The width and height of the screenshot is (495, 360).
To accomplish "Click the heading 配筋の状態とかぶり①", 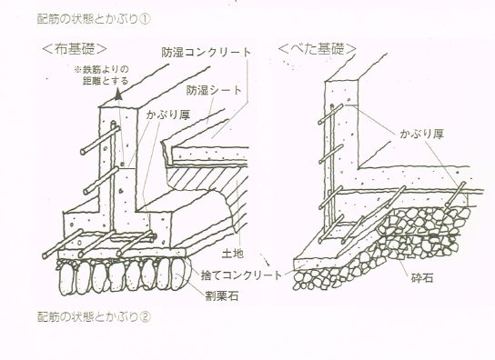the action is click(x=94, y=19).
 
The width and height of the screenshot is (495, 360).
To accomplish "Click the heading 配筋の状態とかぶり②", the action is click(x=94, y=316).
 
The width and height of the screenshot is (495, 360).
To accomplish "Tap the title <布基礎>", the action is click(x=75, y=49).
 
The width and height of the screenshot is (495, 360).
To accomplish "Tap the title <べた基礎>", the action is click(x=318, y=49).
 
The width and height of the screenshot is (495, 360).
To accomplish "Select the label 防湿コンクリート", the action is click(x=207, y=53).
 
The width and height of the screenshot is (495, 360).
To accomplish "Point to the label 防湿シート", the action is click(x=214, y=91).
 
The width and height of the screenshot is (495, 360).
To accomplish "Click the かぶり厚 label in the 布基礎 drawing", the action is click(x=168, y=115).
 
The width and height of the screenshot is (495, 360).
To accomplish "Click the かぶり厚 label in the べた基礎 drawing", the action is click(x=422, y=135).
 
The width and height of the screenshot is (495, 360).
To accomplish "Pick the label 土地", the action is click(x=233, y=254).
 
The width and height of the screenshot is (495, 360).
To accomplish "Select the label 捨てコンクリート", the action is click(x=241, y=275).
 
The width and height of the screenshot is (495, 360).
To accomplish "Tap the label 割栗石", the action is click(x=222, y=296).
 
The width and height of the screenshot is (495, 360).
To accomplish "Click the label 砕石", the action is click(x=422, y=278).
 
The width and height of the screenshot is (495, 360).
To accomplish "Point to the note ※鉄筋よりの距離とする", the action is click(x=101, y=75).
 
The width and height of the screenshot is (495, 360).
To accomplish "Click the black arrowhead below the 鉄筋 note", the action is click(x=118, y=94).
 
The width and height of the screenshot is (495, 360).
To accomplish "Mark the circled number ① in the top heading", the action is click(x=145, y=19).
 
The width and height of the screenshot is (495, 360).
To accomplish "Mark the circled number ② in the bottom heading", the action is click(x=145, y=316).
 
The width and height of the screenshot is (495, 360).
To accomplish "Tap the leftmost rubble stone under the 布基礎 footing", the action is click(x=66, y=279).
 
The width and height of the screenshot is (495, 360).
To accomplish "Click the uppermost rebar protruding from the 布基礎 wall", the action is click(x=100, y=140).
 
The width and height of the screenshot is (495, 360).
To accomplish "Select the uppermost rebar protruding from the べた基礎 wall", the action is click(x=330, y=114).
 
